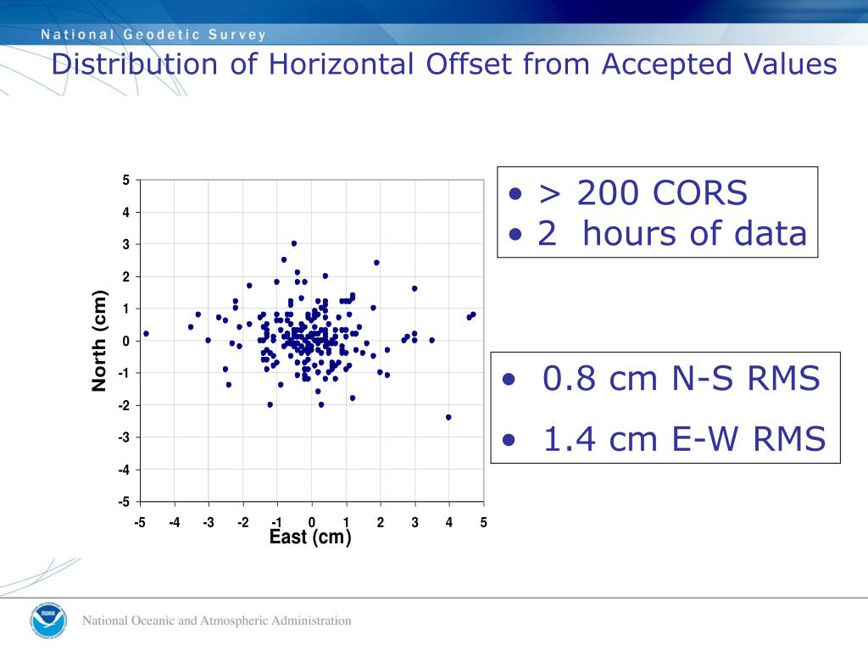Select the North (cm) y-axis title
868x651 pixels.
(100, 341)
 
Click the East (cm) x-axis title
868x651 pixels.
(310, 537)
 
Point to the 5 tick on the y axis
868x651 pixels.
(126, 181)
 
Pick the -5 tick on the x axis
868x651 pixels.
(140, 522)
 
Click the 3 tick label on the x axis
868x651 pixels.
(415, 522)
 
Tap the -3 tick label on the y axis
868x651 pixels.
(124, 437)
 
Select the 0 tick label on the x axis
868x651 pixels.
(312, 522)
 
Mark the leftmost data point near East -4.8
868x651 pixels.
(146, 334)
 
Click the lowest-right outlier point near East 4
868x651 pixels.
(448, 417)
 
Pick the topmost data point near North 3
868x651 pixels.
(294, 243)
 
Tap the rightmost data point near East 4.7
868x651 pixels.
(473, 314)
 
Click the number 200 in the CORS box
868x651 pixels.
(609, 194)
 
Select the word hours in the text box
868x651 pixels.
(635, 233)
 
